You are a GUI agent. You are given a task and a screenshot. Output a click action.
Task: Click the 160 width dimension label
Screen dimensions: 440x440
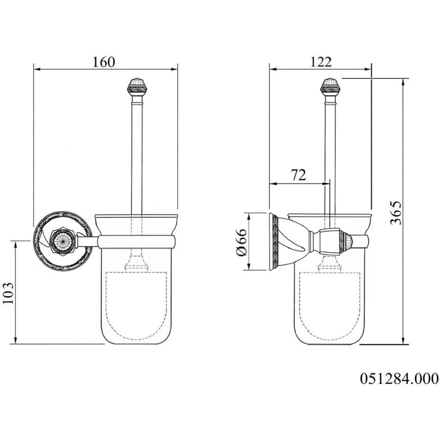click(104, 62)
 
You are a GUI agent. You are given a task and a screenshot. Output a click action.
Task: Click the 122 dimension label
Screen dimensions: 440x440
click(321, 62)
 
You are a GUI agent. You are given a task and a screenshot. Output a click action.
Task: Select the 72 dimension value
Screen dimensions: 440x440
click(298, 175)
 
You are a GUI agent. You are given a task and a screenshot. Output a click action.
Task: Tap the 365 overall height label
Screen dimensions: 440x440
click(396, 213)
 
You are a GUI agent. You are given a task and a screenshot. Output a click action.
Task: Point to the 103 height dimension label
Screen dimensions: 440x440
click(8, 293)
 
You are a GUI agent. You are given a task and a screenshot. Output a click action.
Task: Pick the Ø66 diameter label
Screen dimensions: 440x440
click(242, 242)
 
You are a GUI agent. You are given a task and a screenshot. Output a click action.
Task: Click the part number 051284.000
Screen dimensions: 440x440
click(399, 378)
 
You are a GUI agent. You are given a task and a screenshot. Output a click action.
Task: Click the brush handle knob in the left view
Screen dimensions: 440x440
click(137, 87)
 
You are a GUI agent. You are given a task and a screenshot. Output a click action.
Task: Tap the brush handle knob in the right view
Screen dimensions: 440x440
click(330, 87)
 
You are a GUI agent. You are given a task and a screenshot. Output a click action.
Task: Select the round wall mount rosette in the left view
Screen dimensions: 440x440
click(63, 241)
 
